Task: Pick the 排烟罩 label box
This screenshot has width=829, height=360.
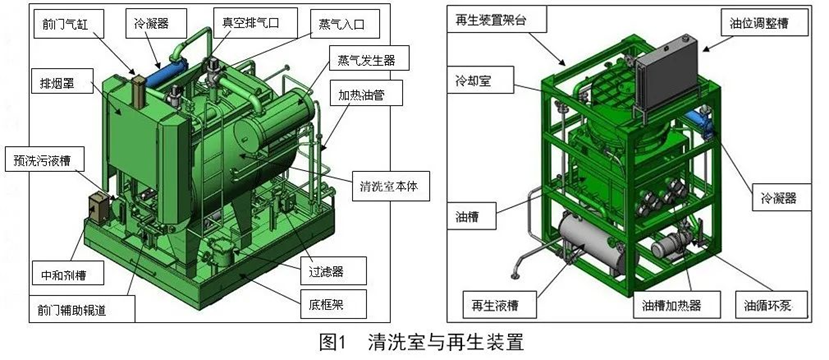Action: click(x=59, y=84)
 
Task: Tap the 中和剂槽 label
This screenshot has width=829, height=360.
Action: click(x=66, y=275)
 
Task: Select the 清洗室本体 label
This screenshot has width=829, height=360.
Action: click(x=391, y=187)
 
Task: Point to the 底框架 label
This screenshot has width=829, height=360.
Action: click(x=326, y=304)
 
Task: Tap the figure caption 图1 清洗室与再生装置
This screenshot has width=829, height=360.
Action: click(x=421, y=343)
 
